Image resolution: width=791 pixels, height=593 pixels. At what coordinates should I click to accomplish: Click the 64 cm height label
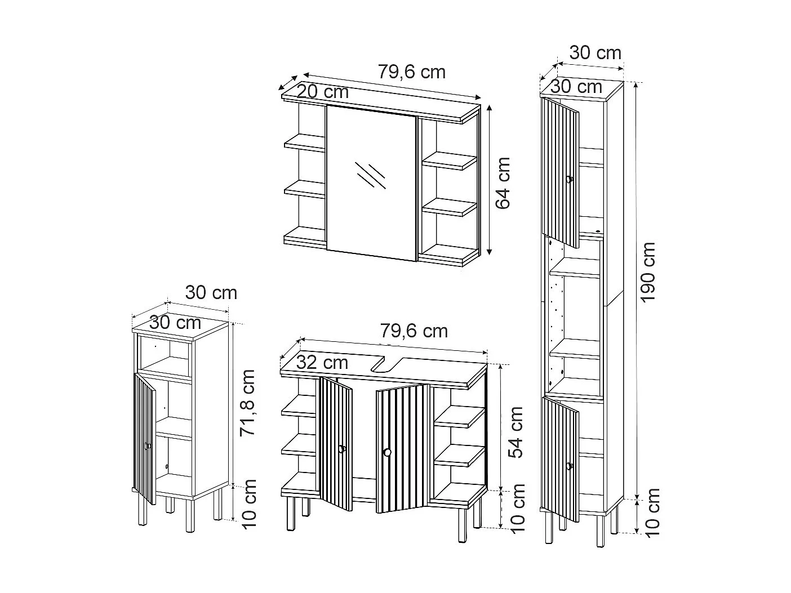coord(503,183)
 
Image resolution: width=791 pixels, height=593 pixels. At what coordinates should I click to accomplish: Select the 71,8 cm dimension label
coord(247,403)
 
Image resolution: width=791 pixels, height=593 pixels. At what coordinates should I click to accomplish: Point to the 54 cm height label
coord(516,431)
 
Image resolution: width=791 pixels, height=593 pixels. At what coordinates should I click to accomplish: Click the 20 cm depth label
coord(323,91)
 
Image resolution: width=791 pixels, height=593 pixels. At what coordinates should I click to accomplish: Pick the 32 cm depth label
coord(322,362)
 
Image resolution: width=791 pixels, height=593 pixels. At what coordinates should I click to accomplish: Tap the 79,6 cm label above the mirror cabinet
coord(411,72)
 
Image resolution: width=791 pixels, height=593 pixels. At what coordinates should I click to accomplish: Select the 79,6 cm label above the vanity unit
coord(414,331)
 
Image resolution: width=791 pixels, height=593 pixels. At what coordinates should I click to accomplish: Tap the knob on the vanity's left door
coord(341,449)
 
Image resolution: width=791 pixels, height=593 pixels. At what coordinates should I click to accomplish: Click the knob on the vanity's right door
coord(386,452)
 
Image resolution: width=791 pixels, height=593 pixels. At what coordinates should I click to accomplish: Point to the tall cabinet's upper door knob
coord(570,180)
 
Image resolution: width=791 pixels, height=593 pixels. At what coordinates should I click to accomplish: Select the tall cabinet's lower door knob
coord(570,466)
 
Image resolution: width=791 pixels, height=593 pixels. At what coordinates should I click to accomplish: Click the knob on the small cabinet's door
coord(147,446)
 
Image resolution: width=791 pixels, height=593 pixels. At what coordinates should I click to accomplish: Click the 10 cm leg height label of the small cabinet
coord(248,503)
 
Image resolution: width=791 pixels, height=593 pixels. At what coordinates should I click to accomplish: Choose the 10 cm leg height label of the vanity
coord(516,507)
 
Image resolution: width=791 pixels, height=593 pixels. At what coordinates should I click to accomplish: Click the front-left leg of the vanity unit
coord(291,514)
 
